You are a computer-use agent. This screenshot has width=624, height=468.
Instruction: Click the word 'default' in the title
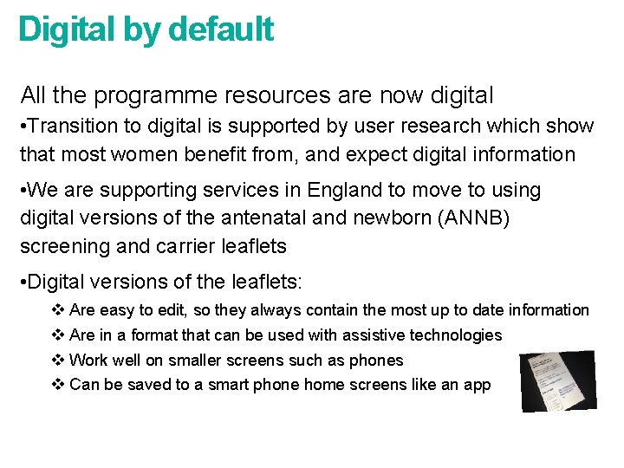[x=221, y=29]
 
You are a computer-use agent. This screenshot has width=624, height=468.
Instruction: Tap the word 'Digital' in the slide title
[x=67, y=29]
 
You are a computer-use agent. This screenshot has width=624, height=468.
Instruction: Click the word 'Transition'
[x=73, y=126]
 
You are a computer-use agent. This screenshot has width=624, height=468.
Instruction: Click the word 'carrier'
[x=188, y=246]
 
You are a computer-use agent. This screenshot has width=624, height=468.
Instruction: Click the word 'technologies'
[x=456, y=335]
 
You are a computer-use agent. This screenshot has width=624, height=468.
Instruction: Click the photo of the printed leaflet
[x=558, y=380]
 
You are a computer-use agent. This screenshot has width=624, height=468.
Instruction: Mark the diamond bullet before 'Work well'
[x=58, y=360]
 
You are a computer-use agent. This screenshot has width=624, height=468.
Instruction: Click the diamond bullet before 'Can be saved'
[x=58, y=385]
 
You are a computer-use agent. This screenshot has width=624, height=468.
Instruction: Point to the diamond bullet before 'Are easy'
[x=58, y=309]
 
